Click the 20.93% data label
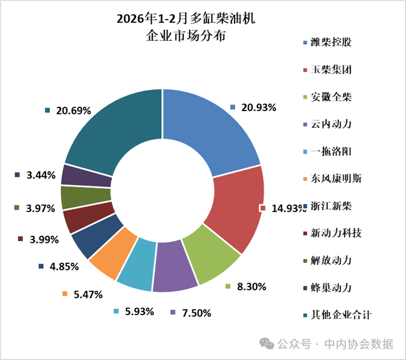pos(259,108)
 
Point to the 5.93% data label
pos(139,312)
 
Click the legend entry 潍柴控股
pos(331,43)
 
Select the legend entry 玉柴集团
pos(331,70)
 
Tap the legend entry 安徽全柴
pos(331,97)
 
